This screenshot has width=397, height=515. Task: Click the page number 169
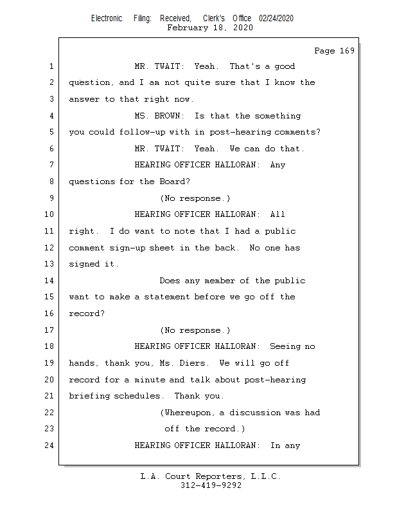(x=347, y=51)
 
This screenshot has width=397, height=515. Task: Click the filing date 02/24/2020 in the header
(x=276, y=19)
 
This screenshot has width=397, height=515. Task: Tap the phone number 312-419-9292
(x=211, y=485)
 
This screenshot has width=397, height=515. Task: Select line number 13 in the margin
(x=49, y=264)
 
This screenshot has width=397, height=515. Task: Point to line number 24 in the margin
(x=49, y=445)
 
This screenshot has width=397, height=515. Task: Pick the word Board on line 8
(x=172, y=182)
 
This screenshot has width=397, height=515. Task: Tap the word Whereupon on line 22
(x=187, y=413)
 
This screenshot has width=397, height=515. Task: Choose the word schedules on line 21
(x=137, y=396)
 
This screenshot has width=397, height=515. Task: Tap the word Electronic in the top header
(x=107, y=19)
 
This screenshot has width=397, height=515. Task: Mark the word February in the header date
(x=188, y=27)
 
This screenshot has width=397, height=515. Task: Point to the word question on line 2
(x=89, y=82)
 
